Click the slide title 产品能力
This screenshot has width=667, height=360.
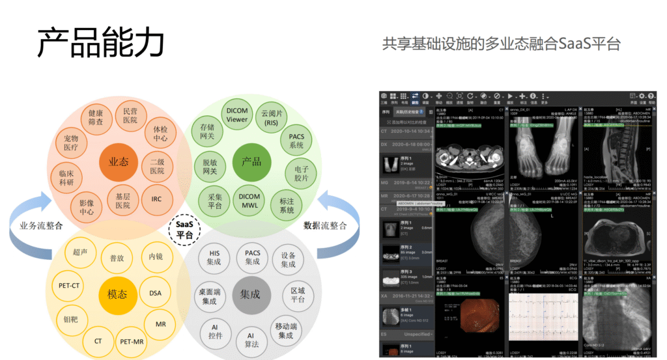pyautogui.click(x=100, y=43)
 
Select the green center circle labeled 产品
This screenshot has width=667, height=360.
pyautogui.click(x=251, y=161)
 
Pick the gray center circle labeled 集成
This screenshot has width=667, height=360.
pyautogui.click(x=250, y=294)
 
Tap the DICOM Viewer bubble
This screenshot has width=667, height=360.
pyautogui.click(x=237, y=115)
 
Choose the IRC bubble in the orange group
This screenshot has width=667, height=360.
pyautogui.click(x=156, y=199)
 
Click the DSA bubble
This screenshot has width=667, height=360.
pyautogui.click(x=155, y=293)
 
